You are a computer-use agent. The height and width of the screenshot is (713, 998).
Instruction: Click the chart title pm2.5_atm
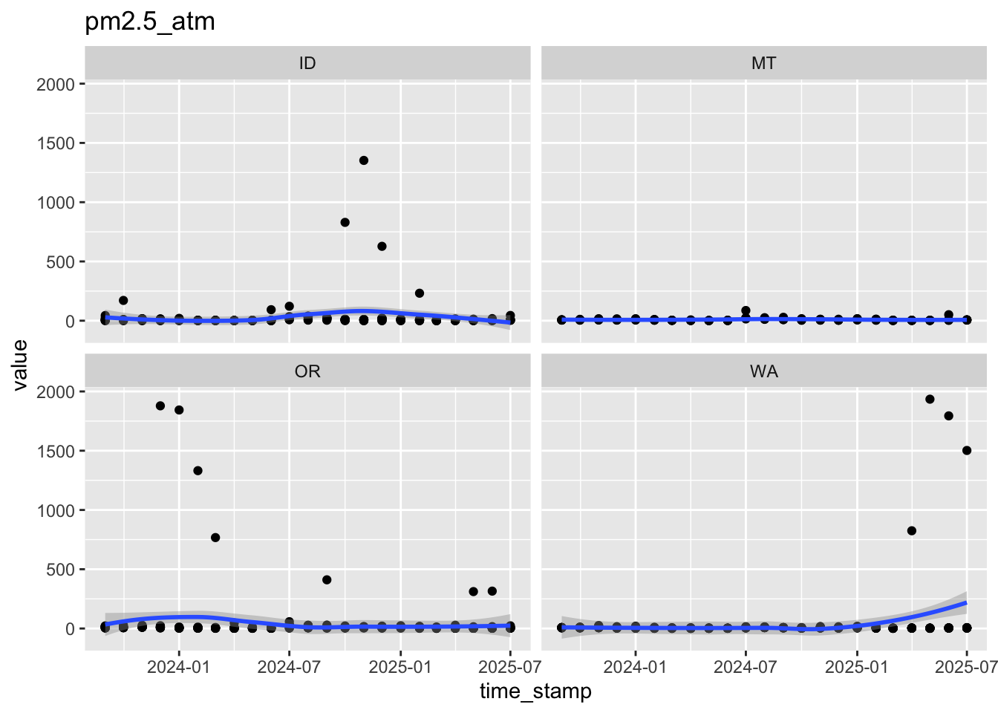pyautogui.click(x=150, y=22)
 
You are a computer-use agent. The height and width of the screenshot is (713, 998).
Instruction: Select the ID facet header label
pyautogui.click(x=307, y=63)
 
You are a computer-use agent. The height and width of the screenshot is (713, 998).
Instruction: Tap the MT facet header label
pyautogui.click(x=763, y=63)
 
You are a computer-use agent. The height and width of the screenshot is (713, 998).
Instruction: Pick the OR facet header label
pyautogui.click(x=307, y=371)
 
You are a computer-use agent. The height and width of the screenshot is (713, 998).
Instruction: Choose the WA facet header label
pyautogui.click(x=763, y=371)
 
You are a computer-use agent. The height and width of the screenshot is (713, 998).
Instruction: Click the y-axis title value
pyautogui.click(x=20, y=365)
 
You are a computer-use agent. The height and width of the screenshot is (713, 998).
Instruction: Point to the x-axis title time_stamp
pyautogui.click(x=535, y=691)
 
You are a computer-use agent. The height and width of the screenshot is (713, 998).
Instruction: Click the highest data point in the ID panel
pyautogui.click(x=364, y=160)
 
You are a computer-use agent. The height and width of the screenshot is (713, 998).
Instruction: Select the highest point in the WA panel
pyautogui.click(x=930, y=399)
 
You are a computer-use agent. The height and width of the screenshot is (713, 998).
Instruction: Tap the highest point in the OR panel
pyautogui.click(x=160, y=406)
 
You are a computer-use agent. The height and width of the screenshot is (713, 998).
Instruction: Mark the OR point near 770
pyautogui.click(x=215, y=538)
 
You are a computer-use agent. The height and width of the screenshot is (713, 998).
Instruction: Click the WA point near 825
pyautogui.click(x=912, y=530)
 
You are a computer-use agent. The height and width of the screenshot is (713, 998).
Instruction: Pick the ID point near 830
pyautogui.click(x=345, y=222)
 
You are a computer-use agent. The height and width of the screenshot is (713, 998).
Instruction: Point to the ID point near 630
pyautogui.click(x=382, y=246)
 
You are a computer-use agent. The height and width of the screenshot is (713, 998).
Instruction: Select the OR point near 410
pyautogui.click(x=327, y=579)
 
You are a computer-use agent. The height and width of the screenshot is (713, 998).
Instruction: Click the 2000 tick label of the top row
pyautogui.click(x=56, y=84)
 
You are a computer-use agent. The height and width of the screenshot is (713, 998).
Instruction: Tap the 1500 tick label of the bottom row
pyautogui.click(x=56, y=451)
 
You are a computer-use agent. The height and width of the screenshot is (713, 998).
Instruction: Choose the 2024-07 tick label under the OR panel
pyautogui.click(x=290, y=665)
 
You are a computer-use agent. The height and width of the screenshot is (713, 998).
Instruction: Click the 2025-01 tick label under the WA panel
pyautogui.click(x=856, y=665)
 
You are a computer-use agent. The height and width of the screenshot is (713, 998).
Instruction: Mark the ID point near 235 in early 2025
pyautogui.click(x=419, y=293)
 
